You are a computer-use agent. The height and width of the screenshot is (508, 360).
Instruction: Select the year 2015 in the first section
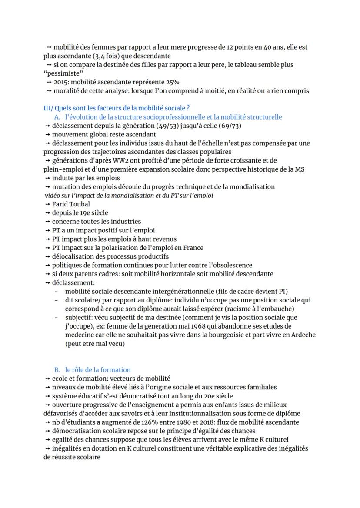click(61, 82)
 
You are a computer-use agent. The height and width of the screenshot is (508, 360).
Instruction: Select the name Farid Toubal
click(71, 204)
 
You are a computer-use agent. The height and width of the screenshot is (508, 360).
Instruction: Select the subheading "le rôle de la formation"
click(98, 370)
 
